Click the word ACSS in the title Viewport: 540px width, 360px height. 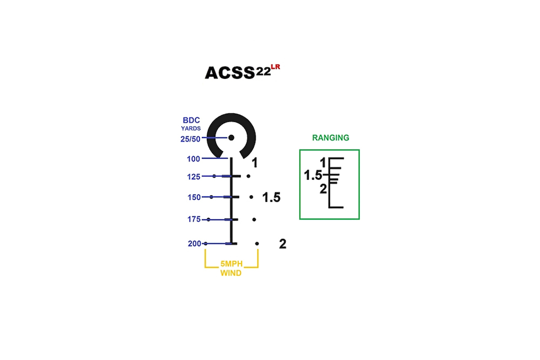point(230,73)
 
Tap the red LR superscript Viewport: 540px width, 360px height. point(275,67)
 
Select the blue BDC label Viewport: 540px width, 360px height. point(191,120)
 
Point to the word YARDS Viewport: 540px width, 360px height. point(191,128)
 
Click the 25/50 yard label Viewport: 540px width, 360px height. point(191,139)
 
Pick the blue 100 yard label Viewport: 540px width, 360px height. point(193,159)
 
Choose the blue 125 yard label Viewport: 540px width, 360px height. point(193,177)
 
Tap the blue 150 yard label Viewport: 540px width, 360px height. point(194,198)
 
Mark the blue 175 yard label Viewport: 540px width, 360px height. point(194,219)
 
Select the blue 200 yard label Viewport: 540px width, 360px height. point(194,243)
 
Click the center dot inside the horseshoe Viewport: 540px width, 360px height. point(232,138)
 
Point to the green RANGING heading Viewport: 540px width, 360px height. point(330,138)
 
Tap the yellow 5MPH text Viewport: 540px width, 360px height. point(232,263)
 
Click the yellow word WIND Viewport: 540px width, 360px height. point(231,273)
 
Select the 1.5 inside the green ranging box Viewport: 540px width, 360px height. point(313,175)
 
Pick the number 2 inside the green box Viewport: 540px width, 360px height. point(323,189)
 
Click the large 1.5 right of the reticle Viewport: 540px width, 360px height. point(272,198)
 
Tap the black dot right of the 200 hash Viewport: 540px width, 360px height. point(257,243)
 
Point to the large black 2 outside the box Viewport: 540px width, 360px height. point(283,244)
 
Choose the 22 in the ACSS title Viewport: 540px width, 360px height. point(263,72)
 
